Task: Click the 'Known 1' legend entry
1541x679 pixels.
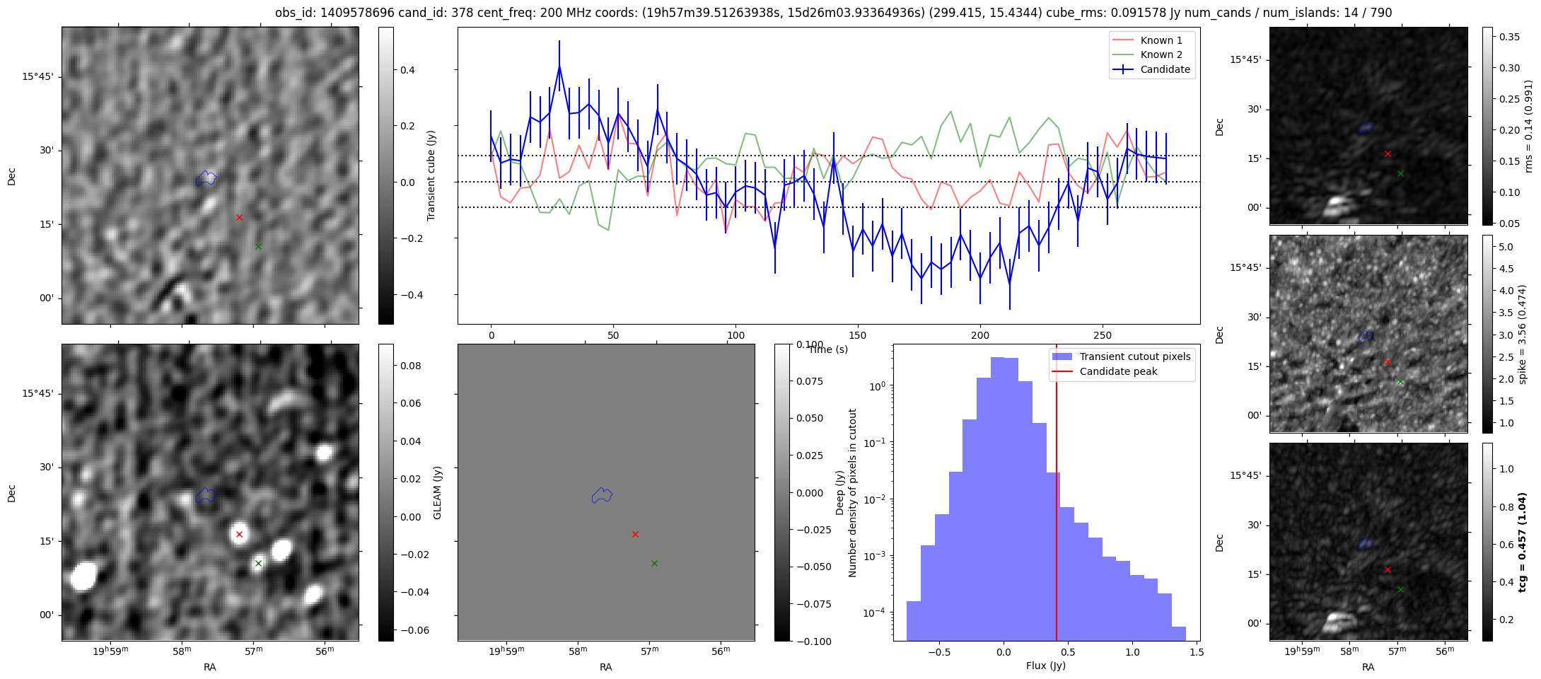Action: pyautogui.click(x=1161, y=40)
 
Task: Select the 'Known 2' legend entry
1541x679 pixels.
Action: pyautogui.click(x=1161, y=54)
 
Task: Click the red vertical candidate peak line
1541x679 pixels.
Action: pyautogui.click(x=1057, y=495)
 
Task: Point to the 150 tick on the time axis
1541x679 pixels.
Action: pyautogui.click(x=858, y=335)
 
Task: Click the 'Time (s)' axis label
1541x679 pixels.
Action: pyautogui.click(x=827, y=349)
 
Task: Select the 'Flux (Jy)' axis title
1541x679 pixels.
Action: pyautogui.click(x=1045, y=666)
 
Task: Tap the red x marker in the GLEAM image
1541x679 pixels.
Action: pyautogui.click(x=239, y=534)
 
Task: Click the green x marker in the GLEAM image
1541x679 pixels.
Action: pyautogui.click(x=258, y=563)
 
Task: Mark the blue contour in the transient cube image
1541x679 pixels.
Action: pyautogui.click(x=206, y=178)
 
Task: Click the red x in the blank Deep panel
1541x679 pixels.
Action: pyautogui.click(x=635, y=534)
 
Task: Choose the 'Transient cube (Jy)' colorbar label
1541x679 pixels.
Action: pyautogui.click(x=431, y=175)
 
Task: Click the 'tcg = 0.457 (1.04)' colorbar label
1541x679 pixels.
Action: pyautogui.click(x=1522, y=542)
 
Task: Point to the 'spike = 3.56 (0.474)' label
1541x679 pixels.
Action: pyautogui.click(x=1522, y=334)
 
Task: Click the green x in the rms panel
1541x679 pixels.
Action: pyautogui.click(x=1400, y=173)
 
